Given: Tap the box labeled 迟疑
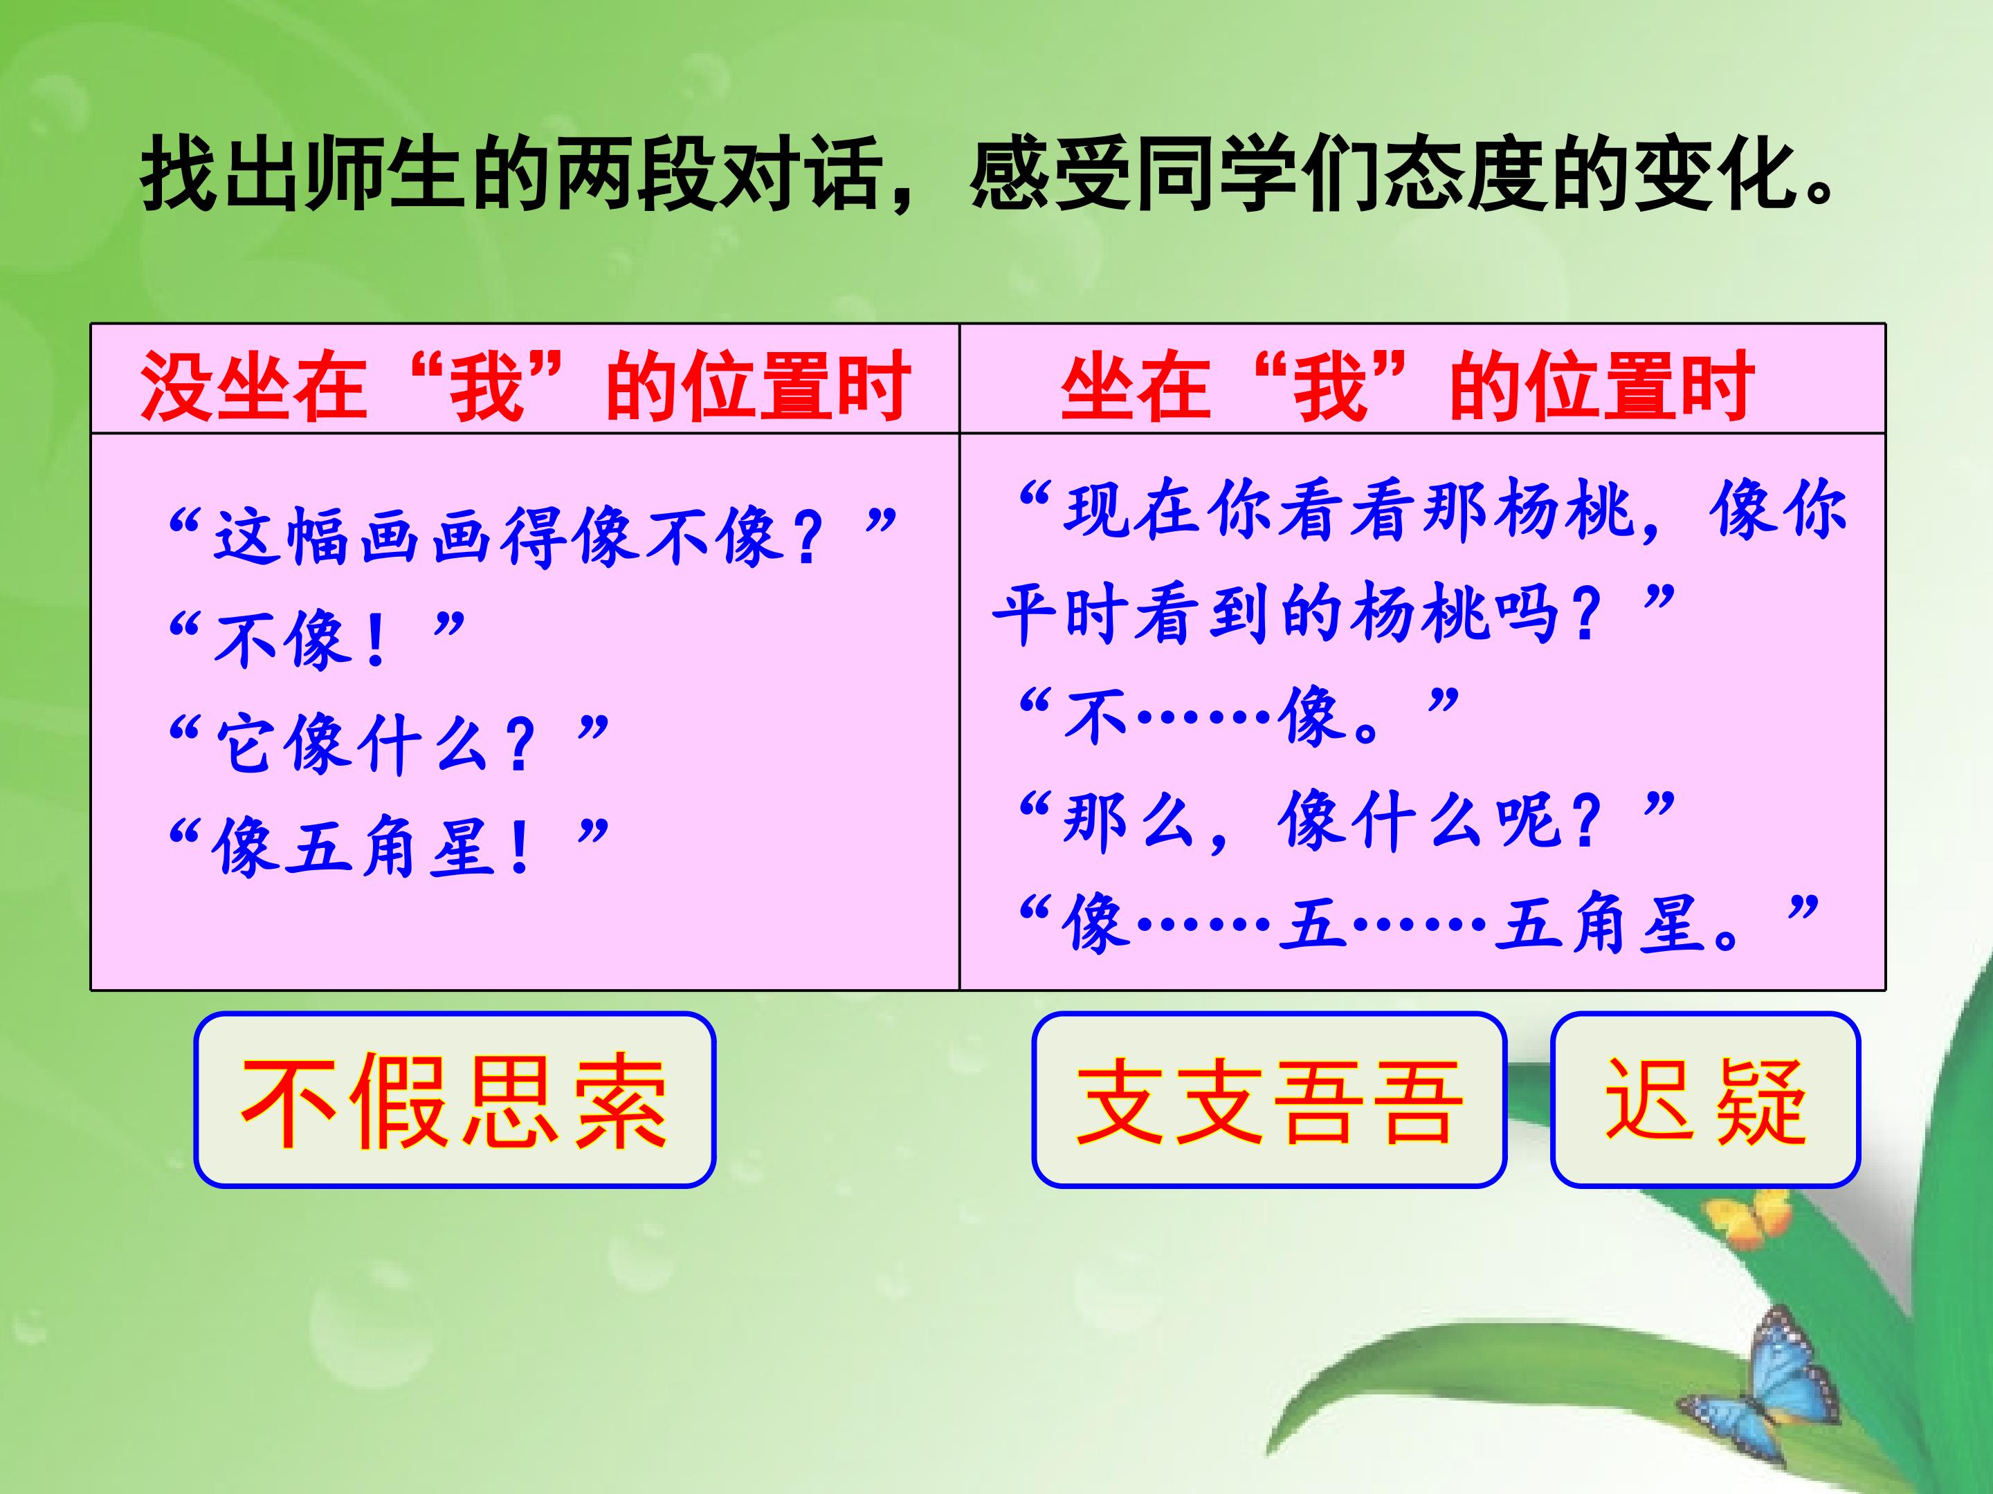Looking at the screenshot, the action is (x=1706, y=1100).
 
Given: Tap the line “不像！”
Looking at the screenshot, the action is (x=316, y=638).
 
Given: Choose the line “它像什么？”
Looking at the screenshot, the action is (x=388, y=743).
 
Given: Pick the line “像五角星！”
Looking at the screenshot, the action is (x=388, y=847).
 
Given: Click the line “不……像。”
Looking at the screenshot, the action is (x=1239, y=716).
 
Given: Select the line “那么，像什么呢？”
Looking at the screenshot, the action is (x=1347, y=820).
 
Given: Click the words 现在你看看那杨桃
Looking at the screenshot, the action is (x=1349, y=509).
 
